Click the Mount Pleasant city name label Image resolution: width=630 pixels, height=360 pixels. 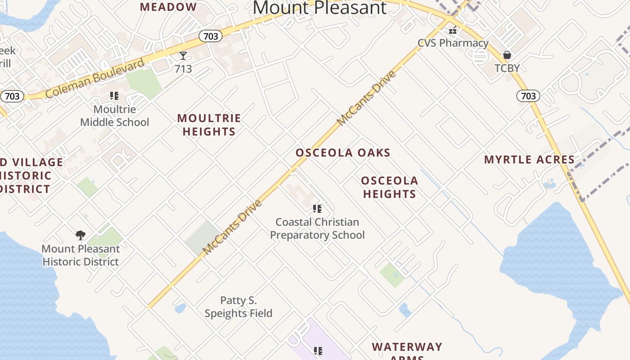(x=319, y=8)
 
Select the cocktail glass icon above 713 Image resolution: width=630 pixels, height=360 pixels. (x=183, y=56)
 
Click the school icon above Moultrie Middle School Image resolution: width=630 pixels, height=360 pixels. (x=114, y=96)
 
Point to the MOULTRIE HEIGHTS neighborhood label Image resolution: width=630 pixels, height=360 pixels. (x=209, y=125)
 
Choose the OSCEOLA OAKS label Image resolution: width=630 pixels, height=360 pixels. (x=343, y=153)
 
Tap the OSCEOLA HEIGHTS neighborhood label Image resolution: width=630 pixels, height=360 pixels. (x=390, y=187)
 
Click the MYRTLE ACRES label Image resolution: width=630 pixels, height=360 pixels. (x=529, y=160)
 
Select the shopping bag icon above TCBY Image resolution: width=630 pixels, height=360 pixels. (x=507, y=55)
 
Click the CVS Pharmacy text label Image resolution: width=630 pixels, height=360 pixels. (x=453, y=43)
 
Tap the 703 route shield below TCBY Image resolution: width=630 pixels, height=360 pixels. (x=528, y=95)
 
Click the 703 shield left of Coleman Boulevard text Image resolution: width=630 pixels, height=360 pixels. (x=12, y=96)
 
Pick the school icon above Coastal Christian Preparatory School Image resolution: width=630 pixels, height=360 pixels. (x=317, y=209)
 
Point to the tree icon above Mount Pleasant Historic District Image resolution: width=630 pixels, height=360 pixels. (x=81, y=235)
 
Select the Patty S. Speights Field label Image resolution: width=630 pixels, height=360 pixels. (x=238, y=306)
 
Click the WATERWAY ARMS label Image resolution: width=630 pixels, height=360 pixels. (x=407, y=350)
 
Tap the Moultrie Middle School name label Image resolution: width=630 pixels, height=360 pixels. (x=115, y=116)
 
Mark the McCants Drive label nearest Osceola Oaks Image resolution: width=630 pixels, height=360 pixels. (x=366, y=98)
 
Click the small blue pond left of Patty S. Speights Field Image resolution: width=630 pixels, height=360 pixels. (x=180, y=308)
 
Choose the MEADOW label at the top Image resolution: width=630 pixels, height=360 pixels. (x=168, y=7)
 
